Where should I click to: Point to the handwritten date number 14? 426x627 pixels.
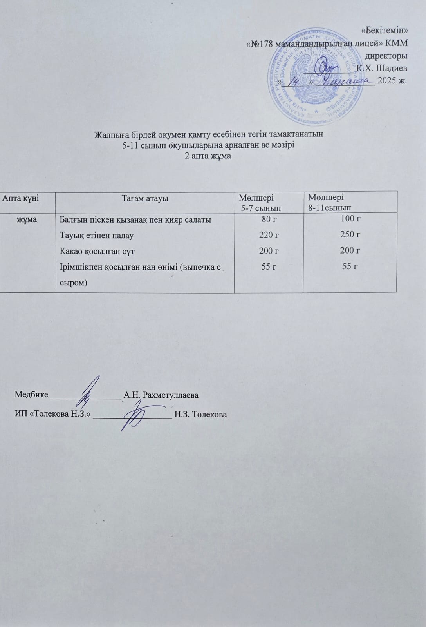(294, 81)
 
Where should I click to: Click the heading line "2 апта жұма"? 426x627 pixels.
(208, 156)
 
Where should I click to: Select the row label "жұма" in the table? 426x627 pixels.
(27, 219)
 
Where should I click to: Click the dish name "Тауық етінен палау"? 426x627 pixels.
(96, 236)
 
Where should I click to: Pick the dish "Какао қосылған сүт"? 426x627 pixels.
(97, 251)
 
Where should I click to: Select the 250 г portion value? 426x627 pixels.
(350, 234)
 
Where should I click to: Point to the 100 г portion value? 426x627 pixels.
(350, 219)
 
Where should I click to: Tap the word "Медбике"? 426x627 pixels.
(31, 394)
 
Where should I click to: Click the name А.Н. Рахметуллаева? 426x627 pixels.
(161, 395)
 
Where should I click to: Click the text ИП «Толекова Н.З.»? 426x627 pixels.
(52, 414)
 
